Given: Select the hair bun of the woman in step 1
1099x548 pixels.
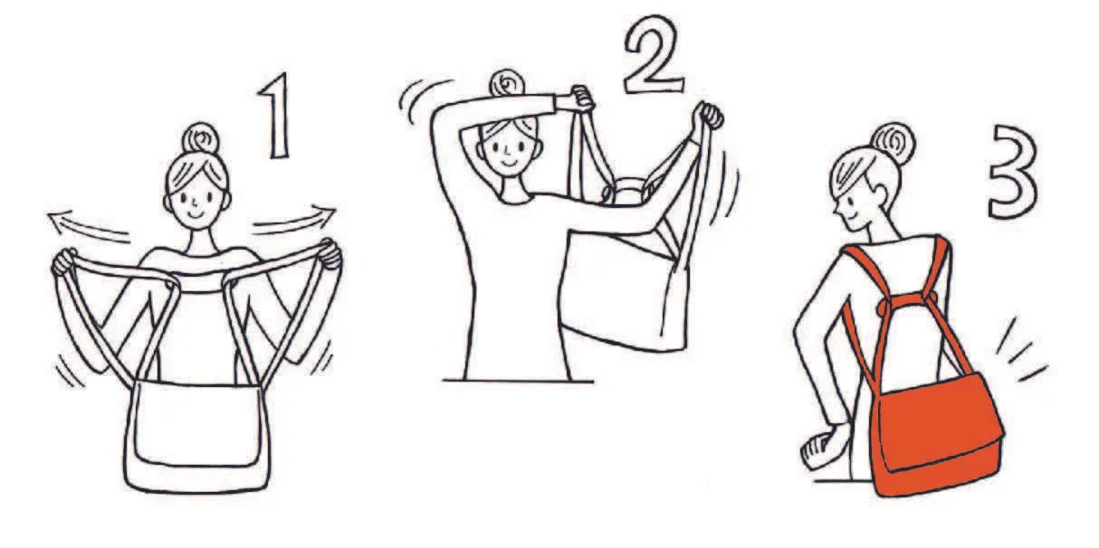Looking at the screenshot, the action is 201,138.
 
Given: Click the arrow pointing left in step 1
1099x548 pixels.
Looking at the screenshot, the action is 89,224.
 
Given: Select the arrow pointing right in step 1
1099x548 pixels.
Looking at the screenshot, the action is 294,221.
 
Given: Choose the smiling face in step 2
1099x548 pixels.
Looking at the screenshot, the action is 508,147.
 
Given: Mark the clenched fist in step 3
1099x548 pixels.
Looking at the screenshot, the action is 816,450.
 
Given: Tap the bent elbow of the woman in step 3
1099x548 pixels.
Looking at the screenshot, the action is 800,327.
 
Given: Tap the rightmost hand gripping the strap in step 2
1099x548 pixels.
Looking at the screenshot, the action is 710,116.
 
